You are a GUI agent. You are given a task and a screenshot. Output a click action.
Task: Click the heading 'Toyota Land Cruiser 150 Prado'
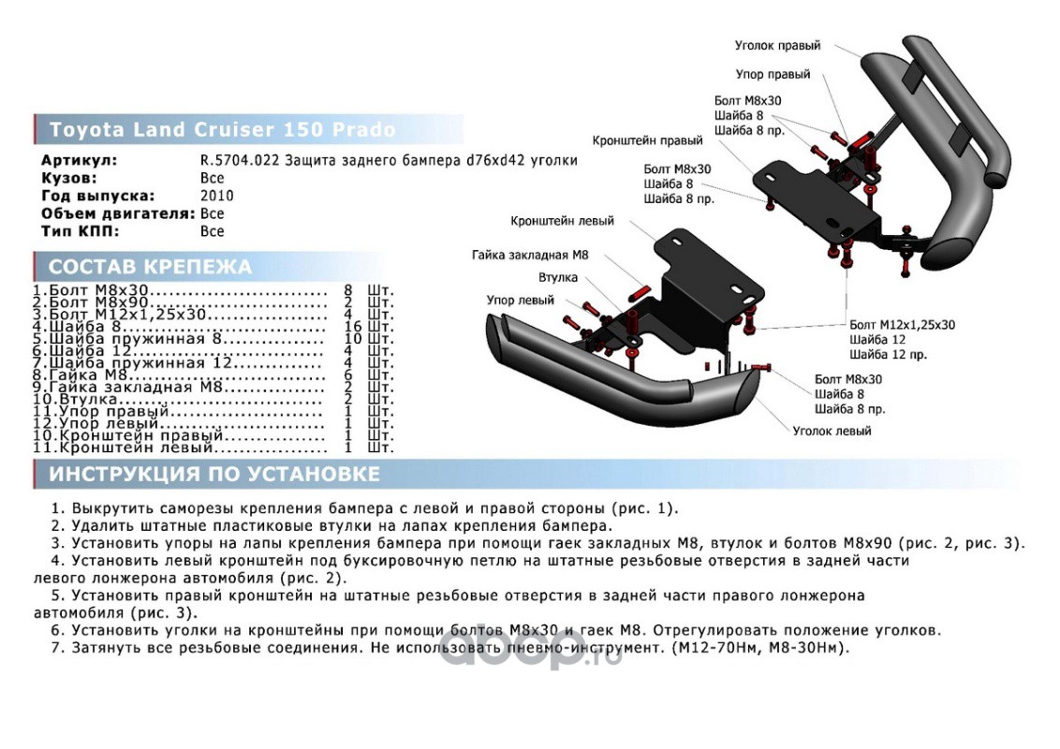tap(222, 129)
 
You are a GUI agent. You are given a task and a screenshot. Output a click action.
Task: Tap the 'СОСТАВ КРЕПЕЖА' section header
tap(150, 267)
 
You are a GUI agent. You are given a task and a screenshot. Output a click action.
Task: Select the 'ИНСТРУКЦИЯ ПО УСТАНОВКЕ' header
tap(214, 474)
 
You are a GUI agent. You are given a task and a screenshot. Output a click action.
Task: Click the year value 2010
tap(216, 196)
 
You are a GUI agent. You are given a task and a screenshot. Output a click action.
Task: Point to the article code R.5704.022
tap(240, 160)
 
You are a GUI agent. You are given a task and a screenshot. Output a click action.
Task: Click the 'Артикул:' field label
tap(79, 160)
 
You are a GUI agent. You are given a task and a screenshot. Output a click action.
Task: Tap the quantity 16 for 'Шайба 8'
tap(353, 327)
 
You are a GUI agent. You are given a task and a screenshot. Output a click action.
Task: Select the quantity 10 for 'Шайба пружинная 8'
tap(353, 340)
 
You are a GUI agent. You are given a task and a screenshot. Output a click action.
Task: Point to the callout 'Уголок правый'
tap(777, 45)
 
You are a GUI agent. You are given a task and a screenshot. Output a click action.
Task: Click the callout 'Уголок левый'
tap(832, 431)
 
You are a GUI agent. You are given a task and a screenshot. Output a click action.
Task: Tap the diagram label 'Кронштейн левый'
tap(562, 221)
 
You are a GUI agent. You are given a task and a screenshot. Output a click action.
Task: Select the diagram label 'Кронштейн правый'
tap(647, 140)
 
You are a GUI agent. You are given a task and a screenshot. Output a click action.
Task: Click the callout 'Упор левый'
tap(520, 300)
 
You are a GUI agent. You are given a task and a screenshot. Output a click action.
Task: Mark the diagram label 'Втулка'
tap(557, 277)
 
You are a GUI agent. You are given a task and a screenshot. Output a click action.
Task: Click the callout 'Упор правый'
tap(773, 74)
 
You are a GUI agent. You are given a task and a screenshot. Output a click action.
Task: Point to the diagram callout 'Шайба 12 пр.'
tap(889, 355)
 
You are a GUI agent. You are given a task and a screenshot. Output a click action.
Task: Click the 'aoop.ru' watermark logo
tap(530, 653)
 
